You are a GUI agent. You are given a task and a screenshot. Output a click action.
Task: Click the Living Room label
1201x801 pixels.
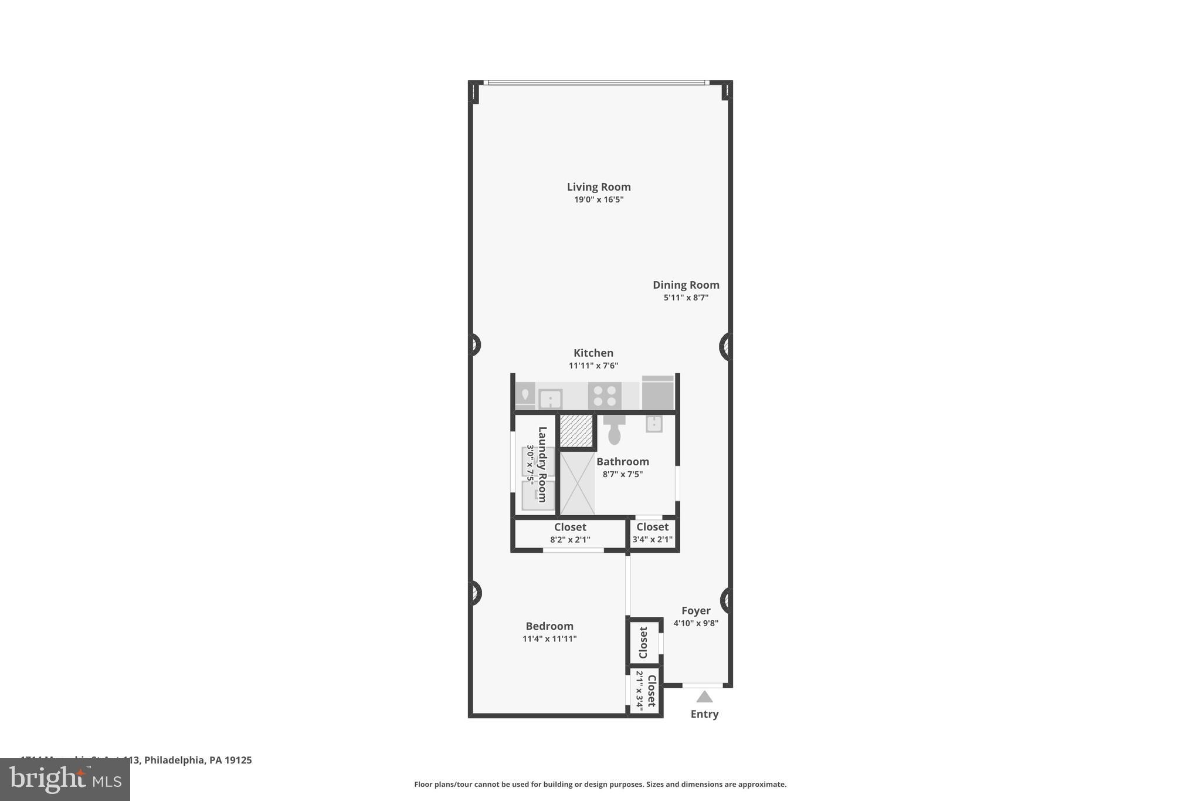point(598,187)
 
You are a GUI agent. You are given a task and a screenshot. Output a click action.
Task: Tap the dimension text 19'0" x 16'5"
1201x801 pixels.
point(598,200)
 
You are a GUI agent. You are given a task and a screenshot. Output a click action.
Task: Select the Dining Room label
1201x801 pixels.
point(686,285)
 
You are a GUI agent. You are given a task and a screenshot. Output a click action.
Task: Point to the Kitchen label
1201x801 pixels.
point(593,353)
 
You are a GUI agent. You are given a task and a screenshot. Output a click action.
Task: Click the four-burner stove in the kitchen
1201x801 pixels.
point(605,396)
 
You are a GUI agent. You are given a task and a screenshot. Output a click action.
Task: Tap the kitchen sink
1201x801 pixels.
point(550,399)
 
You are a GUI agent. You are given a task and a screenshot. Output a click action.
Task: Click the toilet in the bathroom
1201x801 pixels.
point(614,431)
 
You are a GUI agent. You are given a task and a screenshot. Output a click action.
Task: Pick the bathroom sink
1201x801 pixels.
point(654,423)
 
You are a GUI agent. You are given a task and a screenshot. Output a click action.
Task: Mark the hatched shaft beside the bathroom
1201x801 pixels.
point(576,431)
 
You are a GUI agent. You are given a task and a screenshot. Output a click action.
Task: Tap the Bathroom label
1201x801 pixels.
point(622,461)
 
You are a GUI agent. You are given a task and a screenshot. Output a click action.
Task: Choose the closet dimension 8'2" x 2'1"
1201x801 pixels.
point(569,539)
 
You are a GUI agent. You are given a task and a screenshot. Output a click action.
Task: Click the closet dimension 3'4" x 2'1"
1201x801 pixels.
point(652,539)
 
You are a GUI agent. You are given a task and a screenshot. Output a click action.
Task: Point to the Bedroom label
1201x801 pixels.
point(549,626)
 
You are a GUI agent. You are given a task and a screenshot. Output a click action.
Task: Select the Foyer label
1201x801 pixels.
point(696,610)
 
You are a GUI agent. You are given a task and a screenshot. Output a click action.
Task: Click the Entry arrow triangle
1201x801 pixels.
point(704,697)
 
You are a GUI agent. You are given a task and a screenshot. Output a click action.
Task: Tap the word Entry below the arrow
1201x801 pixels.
point(704,714)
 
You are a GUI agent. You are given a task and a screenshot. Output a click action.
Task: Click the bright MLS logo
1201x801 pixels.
point(65,779)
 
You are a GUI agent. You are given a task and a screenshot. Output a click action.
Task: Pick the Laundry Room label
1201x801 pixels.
point(542,464)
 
